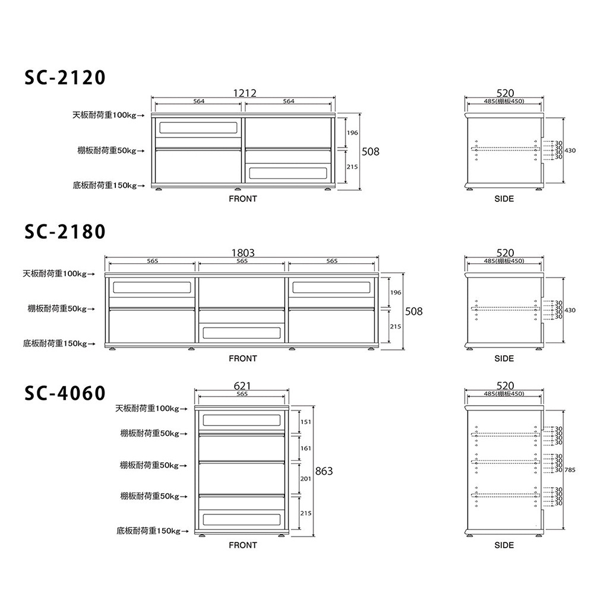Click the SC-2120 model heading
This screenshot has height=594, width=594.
(65, 78)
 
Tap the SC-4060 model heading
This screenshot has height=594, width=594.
(65, 393)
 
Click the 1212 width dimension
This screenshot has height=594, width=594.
(244, 93)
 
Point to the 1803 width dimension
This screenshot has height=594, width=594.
(242, 253)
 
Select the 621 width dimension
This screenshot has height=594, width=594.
(242, 386)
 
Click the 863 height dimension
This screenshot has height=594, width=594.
(324, 471)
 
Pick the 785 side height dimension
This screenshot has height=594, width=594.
(570, 470)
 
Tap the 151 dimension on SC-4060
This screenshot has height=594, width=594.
(306, 422)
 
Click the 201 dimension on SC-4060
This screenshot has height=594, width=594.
(306, 479)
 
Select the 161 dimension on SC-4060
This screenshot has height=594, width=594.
(306, 448)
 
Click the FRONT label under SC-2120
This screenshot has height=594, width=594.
(243, 199)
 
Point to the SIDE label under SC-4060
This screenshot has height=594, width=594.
(504, 545)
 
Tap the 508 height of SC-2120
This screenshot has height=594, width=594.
(370, 152)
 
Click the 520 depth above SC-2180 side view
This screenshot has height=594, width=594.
(504, 253)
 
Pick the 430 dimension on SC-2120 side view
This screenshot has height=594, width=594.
(570, 151)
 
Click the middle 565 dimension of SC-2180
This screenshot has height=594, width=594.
(242, 261)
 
